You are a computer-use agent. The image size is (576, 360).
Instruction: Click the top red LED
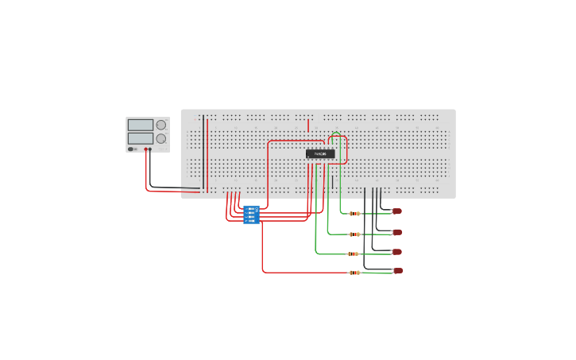396,211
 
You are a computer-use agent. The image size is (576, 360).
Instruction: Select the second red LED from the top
397,232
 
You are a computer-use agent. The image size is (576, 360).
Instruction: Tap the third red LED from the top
397,252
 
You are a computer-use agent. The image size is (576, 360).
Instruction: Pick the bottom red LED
398,271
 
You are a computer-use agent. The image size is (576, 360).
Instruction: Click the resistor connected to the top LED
354,213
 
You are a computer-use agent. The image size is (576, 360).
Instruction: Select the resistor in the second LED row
354,234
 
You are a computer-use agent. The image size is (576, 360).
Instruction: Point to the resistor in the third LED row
353,254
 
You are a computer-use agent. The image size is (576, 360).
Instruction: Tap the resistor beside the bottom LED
354,273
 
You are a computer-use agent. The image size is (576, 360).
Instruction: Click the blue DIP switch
251,215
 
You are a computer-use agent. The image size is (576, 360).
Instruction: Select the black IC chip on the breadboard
320,153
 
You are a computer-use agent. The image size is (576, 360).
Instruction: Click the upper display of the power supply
141,125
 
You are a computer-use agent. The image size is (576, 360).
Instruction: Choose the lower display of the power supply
141,138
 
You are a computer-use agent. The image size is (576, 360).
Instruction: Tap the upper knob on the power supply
161,125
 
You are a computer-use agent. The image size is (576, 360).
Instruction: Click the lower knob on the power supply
161,138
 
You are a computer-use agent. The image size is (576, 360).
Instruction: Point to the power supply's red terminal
146,149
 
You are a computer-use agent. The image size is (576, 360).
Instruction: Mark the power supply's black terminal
151,149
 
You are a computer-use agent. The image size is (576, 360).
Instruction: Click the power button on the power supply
131,149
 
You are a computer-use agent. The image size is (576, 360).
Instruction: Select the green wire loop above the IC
336,134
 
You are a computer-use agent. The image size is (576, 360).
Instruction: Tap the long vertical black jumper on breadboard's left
203,151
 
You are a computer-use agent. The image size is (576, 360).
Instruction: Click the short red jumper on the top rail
308,125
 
